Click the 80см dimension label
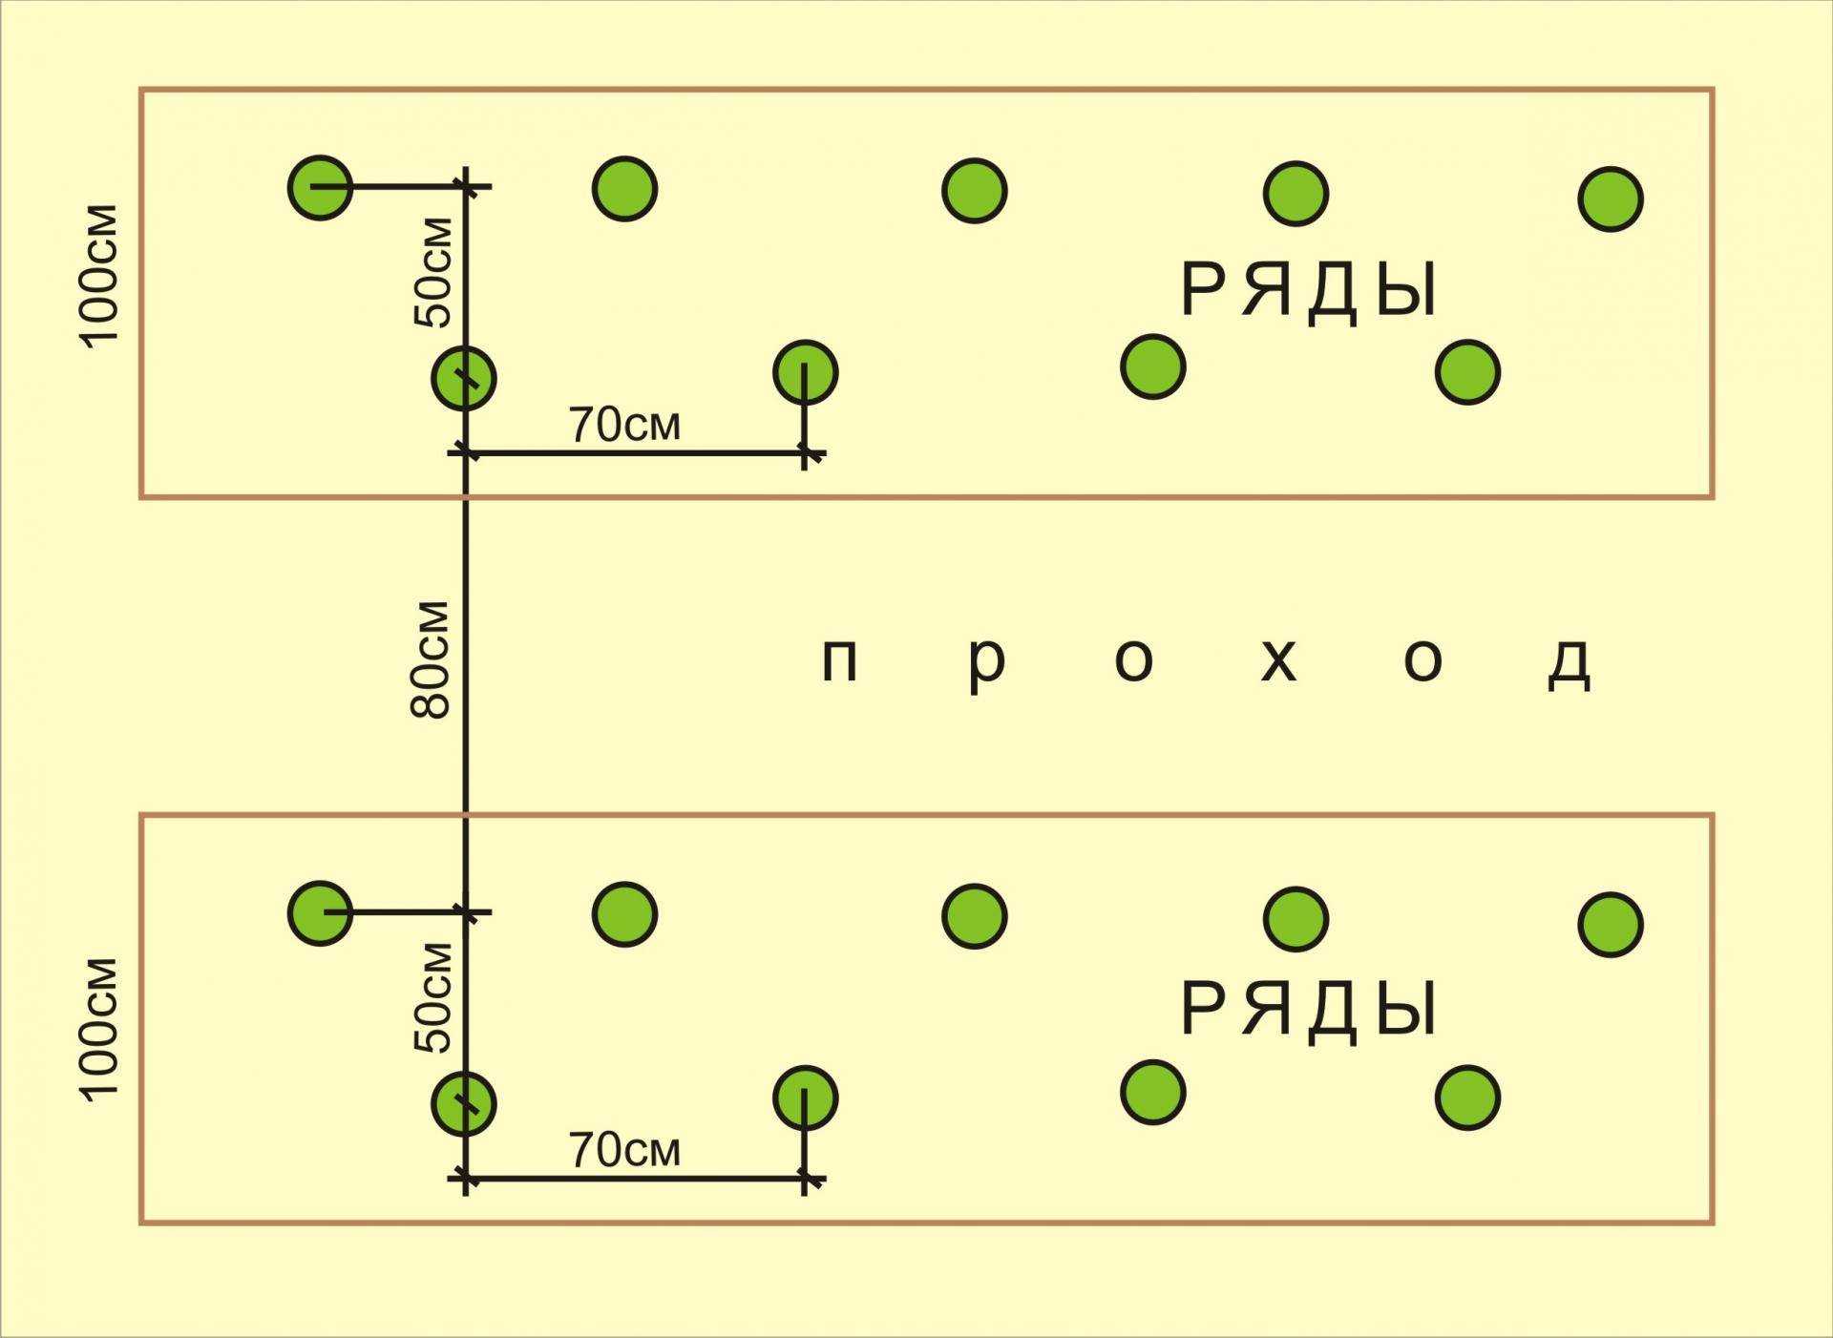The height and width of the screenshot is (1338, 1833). click(x=430, y=659)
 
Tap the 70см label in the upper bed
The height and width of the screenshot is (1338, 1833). click(x=625, y=425)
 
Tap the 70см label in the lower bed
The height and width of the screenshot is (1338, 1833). click(x=625, y=1150)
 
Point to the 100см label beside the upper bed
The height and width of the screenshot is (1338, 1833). click(x=100, y=275)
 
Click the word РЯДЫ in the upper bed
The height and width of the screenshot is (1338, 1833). click(x=1309, y=291)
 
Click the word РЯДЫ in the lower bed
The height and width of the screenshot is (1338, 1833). click(x=1309, y=1010)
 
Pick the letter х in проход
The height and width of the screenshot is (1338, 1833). click(x=1278, y=660)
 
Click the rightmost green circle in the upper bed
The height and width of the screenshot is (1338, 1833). click(x=1611, y=199)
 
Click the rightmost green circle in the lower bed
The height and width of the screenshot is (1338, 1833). click(x=1611, y=925)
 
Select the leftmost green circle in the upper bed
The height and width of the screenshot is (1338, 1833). click(x=321, y=187)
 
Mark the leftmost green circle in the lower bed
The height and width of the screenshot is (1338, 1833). click(x=321, y=913)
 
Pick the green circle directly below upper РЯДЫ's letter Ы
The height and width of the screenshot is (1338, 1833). click(x=1467, y=372)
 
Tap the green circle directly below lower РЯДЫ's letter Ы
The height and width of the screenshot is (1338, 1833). click(x=1467, y=1098)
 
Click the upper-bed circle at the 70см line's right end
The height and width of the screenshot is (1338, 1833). click(x=806, y=372)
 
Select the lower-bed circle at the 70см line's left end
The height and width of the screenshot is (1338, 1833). click(x=464, y=1103)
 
